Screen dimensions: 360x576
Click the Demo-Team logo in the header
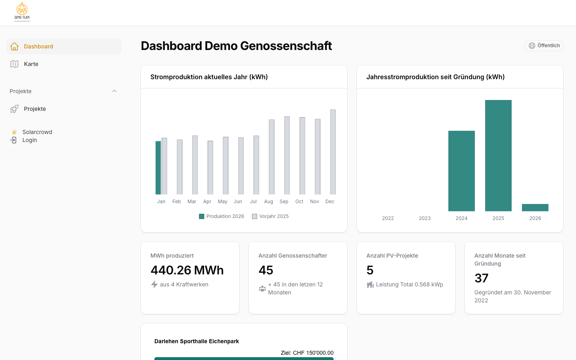click(x=22, y=12)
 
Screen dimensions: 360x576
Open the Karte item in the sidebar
click(x=31, y=64)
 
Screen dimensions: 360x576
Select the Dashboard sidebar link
click(x=38, y=46)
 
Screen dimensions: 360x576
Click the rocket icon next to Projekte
click(x=14, y=109)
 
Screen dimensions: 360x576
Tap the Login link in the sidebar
click(x=29, y=140)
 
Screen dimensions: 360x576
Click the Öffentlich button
click(x=544, y=46)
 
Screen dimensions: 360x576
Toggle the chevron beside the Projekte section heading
click(x=114, y=91)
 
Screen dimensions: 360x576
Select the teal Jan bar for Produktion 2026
click(x=158, y=168)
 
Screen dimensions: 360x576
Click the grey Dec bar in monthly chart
click(x=333, y=152)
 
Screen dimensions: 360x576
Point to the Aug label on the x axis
click(x=268, y=202)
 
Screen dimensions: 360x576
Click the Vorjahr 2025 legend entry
click(x=270, y=216)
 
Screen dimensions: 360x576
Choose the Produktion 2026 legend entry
click(x=222, y=216)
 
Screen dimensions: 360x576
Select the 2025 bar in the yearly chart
click(x=498, y=156)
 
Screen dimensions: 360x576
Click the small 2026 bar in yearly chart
click(x=535, y=208)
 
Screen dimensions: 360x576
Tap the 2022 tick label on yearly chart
click(x=388, y=218)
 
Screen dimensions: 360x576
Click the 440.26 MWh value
click(x=187, y=270)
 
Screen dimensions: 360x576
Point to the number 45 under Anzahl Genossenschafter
click(x=266, y=270)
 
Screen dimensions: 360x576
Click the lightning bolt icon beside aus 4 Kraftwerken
click(x=154, y=284)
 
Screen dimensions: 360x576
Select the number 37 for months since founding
click(x=481, y=278)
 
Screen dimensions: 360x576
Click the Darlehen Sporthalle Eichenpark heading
click(x=196, y=341)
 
